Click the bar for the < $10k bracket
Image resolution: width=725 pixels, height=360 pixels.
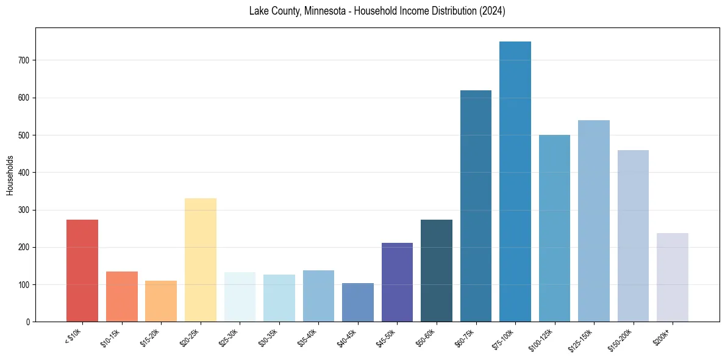coord(82,270)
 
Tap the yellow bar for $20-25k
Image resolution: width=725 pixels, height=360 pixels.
coord(201,260)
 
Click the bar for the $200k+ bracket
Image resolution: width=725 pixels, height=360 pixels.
coord(673,277)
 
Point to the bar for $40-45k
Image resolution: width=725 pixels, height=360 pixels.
coord(358,302)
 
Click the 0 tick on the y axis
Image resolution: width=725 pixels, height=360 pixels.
coord(30,322)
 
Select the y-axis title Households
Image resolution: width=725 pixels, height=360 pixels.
coord(10,175)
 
